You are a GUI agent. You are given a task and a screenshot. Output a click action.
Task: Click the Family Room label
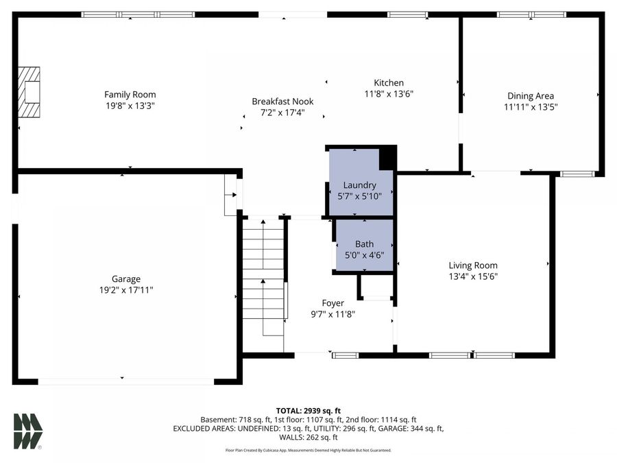coord(130,95)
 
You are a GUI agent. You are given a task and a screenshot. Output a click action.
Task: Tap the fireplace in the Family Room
coord(29,92)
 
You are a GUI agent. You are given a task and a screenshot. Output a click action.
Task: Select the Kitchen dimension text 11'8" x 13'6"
coord(389,94)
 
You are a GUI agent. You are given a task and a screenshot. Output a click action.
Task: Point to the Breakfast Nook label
coord(282,102)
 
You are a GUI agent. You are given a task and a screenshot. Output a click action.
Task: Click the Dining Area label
coord(531,95)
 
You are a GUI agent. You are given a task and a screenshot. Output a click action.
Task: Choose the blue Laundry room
coord(361,182)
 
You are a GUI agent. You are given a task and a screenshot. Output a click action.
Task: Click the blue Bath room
coord(365,245)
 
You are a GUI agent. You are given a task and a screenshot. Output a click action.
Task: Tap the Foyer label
coord(333,303)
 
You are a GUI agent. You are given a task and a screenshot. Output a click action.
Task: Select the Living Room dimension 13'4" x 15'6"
coord(473,276)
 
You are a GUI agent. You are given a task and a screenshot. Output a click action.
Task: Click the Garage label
coord(126,279)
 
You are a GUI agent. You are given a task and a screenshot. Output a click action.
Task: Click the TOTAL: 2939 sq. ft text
coord(308,411)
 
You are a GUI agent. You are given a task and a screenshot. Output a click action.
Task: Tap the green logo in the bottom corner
coord(28,431)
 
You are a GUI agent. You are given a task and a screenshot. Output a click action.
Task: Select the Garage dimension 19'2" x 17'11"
coord(126,290)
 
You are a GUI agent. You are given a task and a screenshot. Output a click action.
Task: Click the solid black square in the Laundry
coord(387,158)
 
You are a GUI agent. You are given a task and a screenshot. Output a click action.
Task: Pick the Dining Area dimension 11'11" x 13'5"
coord(531,107)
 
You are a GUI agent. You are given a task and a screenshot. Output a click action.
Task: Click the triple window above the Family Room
coord(138,14)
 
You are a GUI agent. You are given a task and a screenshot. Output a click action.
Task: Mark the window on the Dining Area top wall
coord(531,14)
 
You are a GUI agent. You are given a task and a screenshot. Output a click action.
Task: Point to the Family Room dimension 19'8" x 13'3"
coord(130,106)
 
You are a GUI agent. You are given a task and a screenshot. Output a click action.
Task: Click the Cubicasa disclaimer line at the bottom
coord(308,450)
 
